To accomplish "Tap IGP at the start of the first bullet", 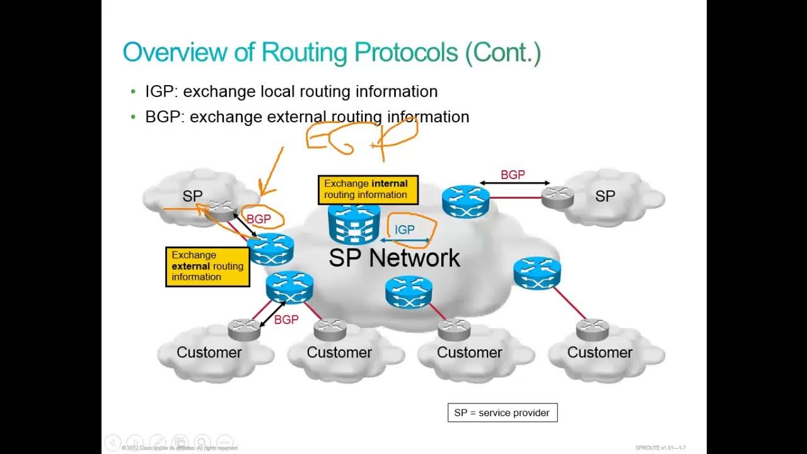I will (x=160, y=91).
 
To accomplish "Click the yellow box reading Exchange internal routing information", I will (x=368, y=189).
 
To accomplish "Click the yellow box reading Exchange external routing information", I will (x=207, y=266).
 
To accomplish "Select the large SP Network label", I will (x=394, y=258).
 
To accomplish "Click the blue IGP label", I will (x=404, y=230).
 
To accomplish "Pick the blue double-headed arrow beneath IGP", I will (x=405, y=240).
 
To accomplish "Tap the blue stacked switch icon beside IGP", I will (x=354, y=224).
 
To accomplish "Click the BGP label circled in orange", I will (x=258, y=219).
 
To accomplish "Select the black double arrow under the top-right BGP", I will (x=514, y=183).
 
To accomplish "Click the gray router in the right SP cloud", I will (x=558, y=197).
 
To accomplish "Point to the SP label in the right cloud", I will (x=605, y=196).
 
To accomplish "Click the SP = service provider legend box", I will (x=502, y=413).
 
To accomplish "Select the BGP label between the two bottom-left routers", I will (x=286, y=320).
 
